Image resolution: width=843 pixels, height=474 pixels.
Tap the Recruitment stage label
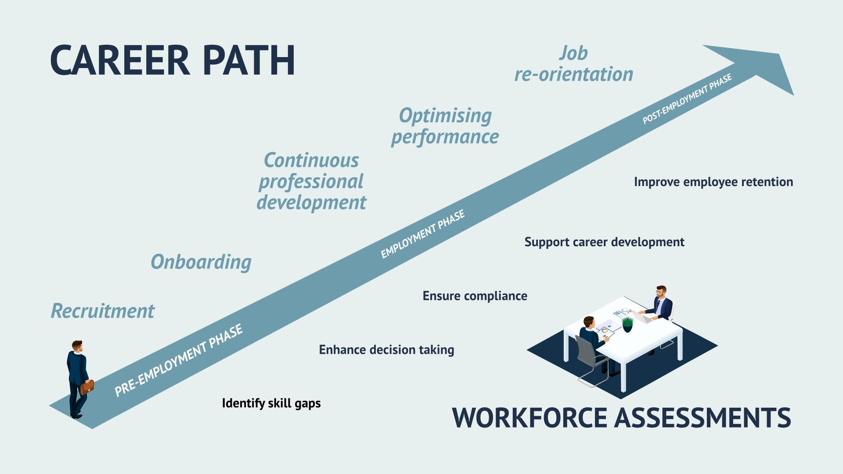pyautogui.click(x=102, y=311)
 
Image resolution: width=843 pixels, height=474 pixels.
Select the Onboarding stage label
pyautogui.click(x=201, y=262)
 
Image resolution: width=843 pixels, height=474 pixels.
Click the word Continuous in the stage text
pyautogui.click(x=311, y=161)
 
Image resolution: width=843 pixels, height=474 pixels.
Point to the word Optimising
pyautogui.click(x=445, y=116)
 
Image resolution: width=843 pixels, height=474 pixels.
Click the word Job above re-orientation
pyautogui.click(x=573, y=54)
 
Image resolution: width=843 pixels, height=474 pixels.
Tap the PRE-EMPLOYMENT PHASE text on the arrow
pyautogui.click(x=178, y=360)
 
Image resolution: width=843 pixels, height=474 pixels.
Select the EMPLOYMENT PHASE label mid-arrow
pyautogui.click(x=422, y=234)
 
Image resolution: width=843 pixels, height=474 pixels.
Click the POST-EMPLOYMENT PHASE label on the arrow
pyautogui.click(x=687, y=99)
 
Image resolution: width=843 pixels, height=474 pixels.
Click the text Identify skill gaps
pyautogui.click(x=271, y=403)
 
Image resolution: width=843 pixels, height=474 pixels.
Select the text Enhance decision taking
pyautogui.click(x=386, y=350)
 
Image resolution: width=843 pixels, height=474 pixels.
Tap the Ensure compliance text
pyautogui.click(x=475, y=296)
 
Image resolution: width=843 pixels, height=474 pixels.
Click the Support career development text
pyautogui.click(x=604, y=242)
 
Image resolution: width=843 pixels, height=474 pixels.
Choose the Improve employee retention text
pyautogui.click(x=713, y=182)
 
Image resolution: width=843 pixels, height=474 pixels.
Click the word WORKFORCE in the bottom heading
pyautogui.click(x=529, y=418)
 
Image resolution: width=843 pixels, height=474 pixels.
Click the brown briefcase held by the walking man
pyautogui.click(x=87, y=387)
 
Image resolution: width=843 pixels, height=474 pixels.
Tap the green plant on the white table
pyautogui.click(x=627, y=324)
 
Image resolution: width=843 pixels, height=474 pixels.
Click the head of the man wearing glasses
pyautogui.click(x=660, y=291)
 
